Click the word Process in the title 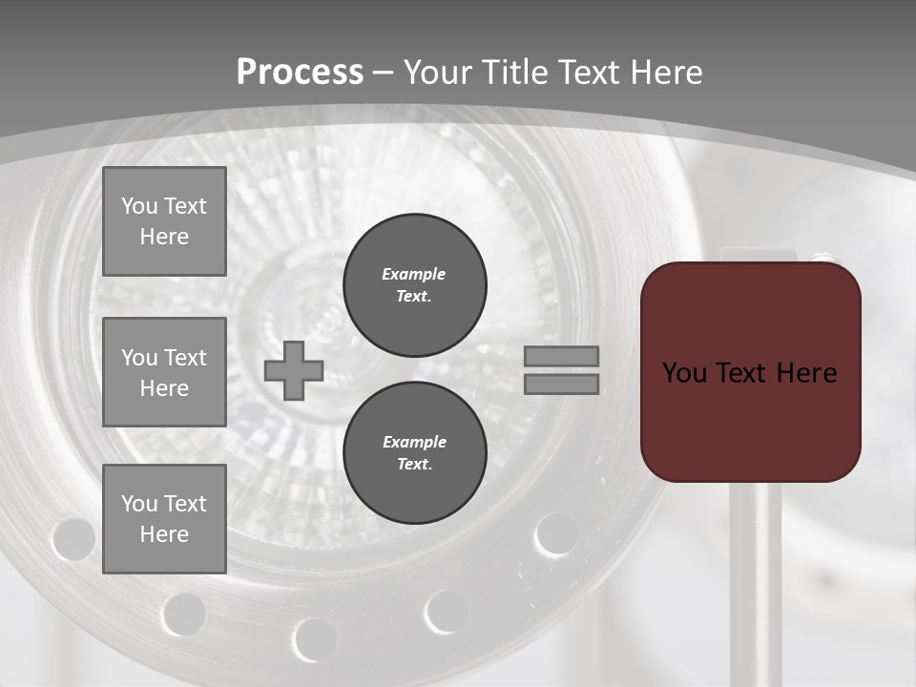coord(300,73)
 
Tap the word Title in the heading coord(511,73)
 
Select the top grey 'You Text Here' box coord(164,221)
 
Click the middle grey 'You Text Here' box coord(164,372)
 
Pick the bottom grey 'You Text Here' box coord(164,518)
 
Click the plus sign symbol coord(294,370)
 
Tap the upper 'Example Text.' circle coord(415,285)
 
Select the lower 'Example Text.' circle coord(415,453)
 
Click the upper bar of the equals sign coord(561,356)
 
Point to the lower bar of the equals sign coord(561,384)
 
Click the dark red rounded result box coord(751,420)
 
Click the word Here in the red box coord(806,372)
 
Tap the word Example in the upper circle coord(414,274)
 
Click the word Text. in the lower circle coord(414,465)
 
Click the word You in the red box coord(683,372)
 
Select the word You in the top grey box coord(138,206)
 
